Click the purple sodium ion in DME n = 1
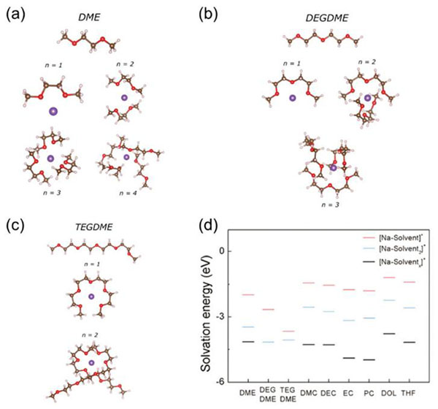[53, 111]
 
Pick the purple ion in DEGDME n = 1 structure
[292, 97]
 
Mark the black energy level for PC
[369, 359]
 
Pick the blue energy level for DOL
[388, 300]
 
